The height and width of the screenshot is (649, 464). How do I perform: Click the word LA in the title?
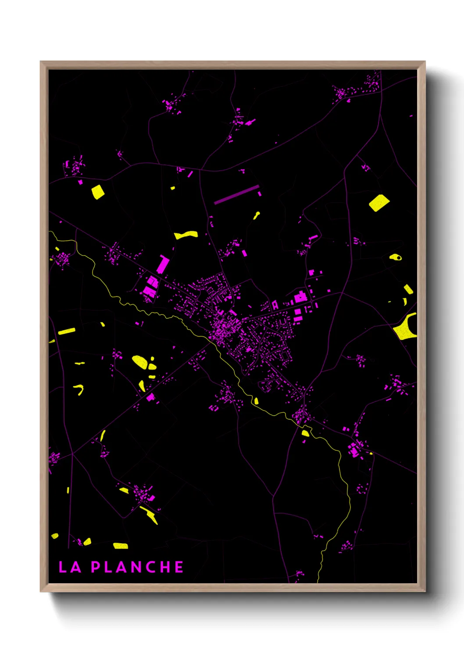[x=70, y=567]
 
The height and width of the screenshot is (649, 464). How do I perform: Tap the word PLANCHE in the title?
[x=137, y=567]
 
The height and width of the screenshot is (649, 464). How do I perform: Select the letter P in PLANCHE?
[x=96, y=567]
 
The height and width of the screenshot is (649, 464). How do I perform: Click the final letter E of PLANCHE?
[x=179, y=567]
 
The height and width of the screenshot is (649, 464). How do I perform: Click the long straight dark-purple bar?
[x=236, y=195]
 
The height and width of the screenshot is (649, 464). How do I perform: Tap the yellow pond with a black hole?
[x=396, y=257]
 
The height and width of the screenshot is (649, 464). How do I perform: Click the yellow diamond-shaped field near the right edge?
[x=379, y=203]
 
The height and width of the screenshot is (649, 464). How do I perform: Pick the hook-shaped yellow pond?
[x=80, y=389]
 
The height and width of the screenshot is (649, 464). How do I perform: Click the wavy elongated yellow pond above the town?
[x=186, y=235]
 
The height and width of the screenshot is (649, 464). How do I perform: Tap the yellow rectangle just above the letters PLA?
[x=121, y=546]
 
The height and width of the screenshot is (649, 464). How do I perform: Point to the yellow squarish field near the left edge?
[x=98, y=192]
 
